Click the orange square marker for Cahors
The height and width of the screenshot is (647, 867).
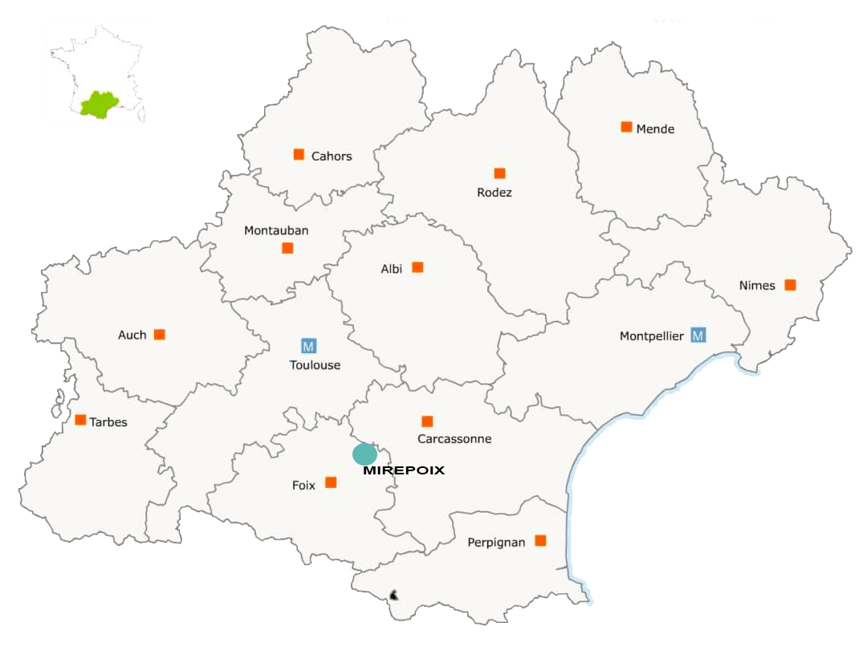tap(299, 154)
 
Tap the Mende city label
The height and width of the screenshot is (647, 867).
tap(655, 129)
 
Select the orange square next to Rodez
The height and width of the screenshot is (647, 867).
tap(499, 173)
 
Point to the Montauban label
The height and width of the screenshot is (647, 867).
tap(276, 230)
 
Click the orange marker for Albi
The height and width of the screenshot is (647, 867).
tap(417, 267)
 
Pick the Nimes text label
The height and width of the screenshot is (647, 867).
tap(757, 286)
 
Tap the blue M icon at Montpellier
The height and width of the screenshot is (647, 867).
tap(698, 335)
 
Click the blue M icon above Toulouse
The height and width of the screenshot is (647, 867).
tap(308, 346)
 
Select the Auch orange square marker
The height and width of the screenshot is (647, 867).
tap(160, 334)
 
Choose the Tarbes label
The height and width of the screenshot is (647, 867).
tap(108, 422)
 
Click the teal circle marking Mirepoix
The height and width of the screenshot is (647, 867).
tap(364, 454)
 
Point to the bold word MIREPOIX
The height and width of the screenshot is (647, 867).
tap(403, 471)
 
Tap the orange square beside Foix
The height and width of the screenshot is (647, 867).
tap(331, 482)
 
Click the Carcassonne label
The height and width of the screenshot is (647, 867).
tap(454, 439)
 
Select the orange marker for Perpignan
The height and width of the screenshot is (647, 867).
tap(540, 540)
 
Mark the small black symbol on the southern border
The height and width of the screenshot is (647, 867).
tap(393, 595)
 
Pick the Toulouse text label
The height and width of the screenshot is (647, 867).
tap(315, 365)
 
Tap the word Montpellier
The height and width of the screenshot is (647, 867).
tap(651, 336)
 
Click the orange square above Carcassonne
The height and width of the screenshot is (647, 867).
tap(427, 421)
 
